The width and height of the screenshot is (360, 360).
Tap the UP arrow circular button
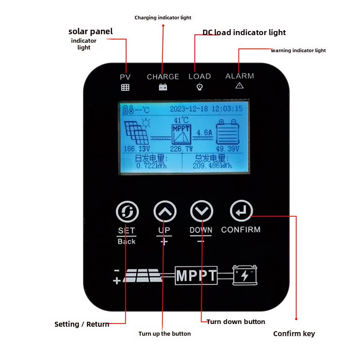(165, 211)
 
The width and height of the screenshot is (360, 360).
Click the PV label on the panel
(125, 77)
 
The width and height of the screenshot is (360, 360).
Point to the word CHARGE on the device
(163, 77)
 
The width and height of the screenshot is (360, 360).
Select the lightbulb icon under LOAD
(200, 87)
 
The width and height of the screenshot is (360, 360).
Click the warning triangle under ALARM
(239, 85)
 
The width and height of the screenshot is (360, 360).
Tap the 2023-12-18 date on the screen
(189, 108)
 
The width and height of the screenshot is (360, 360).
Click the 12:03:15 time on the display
(227, 108)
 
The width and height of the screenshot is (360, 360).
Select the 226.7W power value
(181, 148)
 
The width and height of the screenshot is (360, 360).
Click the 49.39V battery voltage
(227, 148)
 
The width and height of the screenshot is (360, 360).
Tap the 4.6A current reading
(204, 133)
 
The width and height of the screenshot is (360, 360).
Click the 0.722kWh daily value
(151, 166)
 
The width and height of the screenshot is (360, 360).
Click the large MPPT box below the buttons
(196, 275)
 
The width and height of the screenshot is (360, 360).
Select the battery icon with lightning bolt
(245, 275)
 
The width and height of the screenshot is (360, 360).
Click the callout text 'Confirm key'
(294, 333)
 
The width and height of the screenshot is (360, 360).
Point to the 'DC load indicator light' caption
(244, 32)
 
